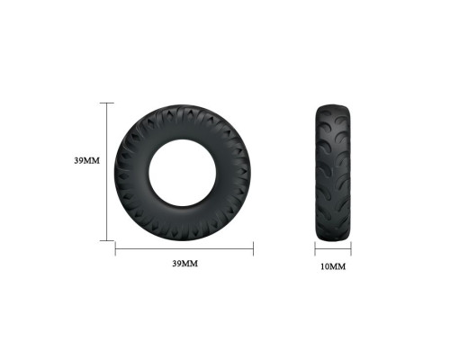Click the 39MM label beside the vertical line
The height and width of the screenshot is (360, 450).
click(87, 160)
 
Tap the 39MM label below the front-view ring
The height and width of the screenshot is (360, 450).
click(185, 264)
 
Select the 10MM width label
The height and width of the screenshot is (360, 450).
click(333, 266)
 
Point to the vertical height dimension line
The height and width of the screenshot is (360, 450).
click(107, 172)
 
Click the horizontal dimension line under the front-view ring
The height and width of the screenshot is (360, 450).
click(184, 248)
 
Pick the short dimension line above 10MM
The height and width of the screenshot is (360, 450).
click(333, 248)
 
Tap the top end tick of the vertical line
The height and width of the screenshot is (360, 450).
click(107, 103)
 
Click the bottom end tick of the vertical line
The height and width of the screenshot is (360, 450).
click(107, 240)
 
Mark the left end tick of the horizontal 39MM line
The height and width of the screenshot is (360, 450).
click(115, 248)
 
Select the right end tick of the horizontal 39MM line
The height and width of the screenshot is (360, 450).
click(254, 248)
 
